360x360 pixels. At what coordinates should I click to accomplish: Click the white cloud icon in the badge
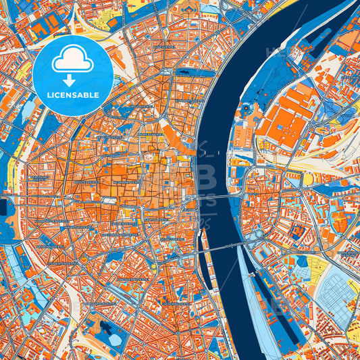[x=73, y=59]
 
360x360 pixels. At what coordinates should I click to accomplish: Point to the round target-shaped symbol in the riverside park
[x=247, y=107]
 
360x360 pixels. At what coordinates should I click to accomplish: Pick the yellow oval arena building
[x=308, y=179]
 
